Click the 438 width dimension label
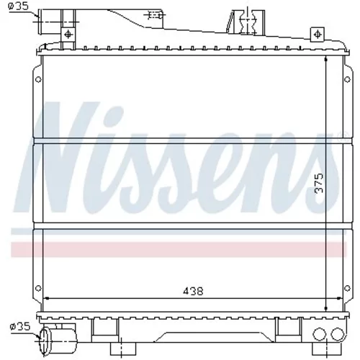pos(193,291)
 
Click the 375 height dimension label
pos(319,184)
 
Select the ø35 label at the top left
pos(18,6)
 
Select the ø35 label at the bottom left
pos(20,326)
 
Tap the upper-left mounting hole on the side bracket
pos(38,79)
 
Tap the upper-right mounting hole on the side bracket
pos(347,79)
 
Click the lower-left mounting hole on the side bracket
pos(38,288)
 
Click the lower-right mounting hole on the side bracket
pos(347,288)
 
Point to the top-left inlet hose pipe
pos(49,22)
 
